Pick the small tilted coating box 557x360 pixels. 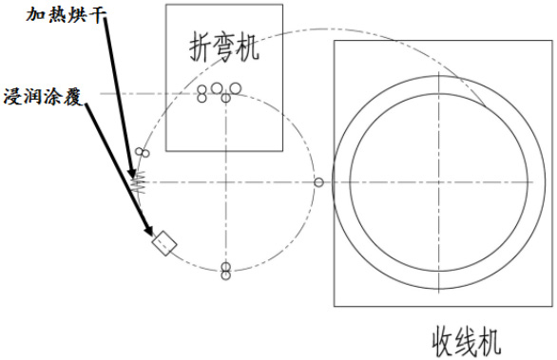[164, 244]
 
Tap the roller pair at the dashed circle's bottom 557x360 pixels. [226, 272]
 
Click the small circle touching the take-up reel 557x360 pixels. [319, 181]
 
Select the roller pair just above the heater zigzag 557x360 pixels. [143, 153]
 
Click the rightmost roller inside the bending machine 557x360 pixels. [235, 88]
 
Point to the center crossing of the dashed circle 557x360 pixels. [226, 181]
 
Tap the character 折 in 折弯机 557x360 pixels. [196, 47]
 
